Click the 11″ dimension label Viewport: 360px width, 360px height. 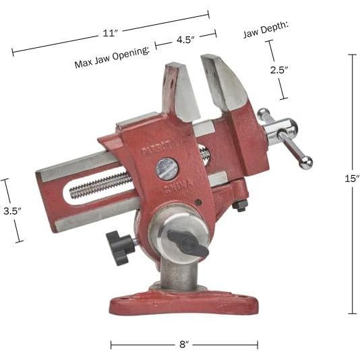point(111,32)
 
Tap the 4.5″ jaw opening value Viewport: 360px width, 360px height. point(185,40)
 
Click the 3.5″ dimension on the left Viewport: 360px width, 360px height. point(10,210)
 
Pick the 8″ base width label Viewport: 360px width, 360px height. point(183,344)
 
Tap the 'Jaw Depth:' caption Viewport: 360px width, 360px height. point(266,27)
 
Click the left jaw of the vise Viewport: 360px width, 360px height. point(181,91)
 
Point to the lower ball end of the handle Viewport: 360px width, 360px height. point(306,162)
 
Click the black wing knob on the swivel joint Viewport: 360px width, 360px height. point(188,242)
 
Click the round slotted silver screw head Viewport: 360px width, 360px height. point(167,167)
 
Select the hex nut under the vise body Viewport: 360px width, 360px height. point(241,205)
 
